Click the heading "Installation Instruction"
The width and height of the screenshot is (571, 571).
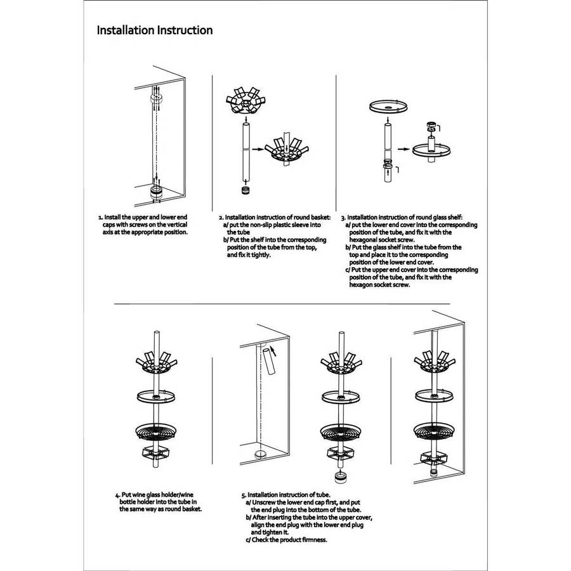(155, 30)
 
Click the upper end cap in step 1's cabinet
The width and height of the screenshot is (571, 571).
(156, 98)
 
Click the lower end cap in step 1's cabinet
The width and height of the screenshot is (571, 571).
(157, 192)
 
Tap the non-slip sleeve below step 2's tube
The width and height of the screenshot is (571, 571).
(246, 190)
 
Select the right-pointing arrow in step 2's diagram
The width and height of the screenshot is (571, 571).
(258, 149)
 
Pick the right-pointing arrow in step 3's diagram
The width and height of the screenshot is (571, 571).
(403, 149)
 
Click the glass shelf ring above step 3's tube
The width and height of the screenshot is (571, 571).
(388, 107)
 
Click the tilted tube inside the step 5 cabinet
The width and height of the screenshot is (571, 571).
(269, 361)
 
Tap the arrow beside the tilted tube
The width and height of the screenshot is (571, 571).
(273, 351)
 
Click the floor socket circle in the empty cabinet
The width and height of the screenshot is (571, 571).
(260, 454)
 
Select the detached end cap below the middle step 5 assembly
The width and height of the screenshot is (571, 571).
(341, 476)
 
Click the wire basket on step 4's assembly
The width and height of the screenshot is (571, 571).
(156, 431)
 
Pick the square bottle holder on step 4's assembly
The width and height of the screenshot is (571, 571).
(155, 453)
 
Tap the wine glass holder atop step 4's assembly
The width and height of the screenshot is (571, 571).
(156, 363)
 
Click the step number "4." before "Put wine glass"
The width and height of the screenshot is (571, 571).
(117, 496)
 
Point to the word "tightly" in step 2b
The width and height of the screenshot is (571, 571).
(260, 255)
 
